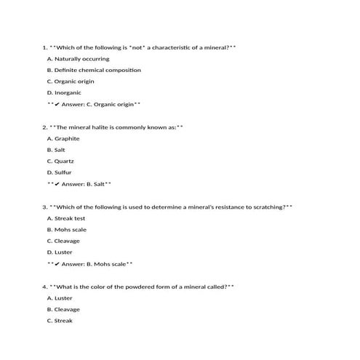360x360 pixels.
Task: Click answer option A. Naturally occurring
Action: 78,59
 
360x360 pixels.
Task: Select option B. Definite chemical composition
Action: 94,70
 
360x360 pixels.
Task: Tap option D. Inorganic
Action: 64,92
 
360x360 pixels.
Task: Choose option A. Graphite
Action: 63,138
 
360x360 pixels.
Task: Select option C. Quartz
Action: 60,161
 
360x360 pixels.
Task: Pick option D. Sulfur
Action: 59,172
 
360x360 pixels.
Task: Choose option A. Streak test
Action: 66,218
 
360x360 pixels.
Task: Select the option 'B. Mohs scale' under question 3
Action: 66,229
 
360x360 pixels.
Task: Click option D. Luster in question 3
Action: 59,252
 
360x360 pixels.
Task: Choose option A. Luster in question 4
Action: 59,297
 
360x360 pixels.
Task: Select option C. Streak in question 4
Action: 60,320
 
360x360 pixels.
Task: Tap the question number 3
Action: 44,207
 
